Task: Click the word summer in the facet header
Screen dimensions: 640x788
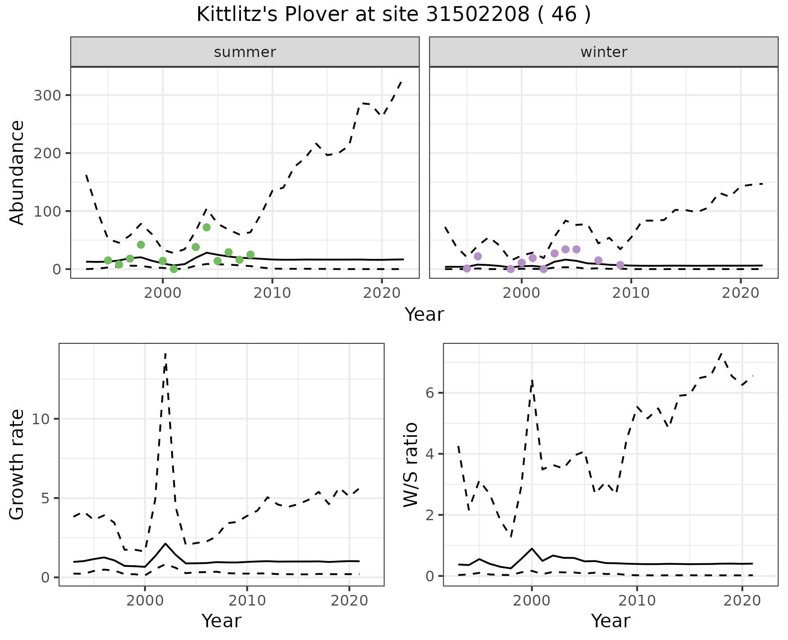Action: click(x=245, y=52)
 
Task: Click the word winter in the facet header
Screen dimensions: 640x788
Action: click(x=604, y=52)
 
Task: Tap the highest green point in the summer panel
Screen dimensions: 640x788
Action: click(x=206, y=227)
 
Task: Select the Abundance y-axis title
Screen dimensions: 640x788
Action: click(x=17, y=172)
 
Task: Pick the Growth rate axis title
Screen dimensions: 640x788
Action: click(x=17, y=465)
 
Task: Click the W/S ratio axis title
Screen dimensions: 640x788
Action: click(x=410, y=465)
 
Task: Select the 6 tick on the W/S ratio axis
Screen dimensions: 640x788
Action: click(x=430, y=393)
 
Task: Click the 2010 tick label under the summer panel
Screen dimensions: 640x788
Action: click(x=272, y=293)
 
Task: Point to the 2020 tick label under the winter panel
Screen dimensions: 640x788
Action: click(x=741, y=293)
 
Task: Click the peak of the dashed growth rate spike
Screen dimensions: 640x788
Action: click(x=165, y=354)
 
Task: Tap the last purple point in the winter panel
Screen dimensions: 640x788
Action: click(x=620, y=265)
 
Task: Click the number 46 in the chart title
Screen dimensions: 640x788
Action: click(x=562, y=15)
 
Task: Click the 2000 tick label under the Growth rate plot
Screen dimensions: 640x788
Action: click(x=144, y=601)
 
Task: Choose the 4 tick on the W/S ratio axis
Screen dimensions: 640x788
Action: click(x=430, y=454)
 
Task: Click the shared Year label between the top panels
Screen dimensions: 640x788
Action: click(x=424, y=315)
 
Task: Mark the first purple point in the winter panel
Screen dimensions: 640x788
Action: click(x=467, y=268)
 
